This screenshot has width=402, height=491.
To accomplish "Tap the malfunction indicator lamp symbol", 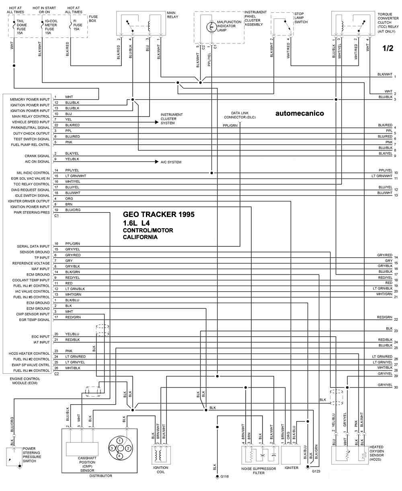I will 211,27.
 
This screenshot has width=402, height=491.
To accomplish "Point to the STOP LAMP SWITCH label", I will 301,18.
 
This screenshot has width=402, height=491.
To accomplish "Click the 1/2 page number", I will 388,48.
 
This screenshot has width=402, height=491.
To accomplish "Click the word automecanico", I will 299,113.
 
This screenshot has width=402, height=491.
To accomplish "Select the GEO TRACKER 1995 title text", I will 158,215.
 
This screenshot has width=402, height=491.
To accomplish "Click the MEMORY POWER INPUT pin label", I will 30,99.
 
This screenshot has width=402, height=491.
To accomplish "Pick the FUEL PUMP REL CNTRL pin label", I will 30,144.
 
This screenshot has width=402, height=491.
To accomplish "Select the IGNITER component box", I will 291,454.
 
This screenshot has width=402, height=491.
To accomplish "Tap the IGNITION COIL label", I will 161,470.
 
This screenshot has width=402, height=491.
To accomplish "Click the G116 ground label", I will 224,477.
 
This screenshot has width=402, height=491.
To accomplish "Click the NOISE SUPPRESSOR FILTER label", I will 253,471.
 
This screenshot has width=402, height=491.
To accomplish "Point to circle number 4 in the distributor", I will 120,456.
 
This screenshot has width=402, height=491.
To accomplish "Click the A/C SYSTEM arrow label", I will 171,162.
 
